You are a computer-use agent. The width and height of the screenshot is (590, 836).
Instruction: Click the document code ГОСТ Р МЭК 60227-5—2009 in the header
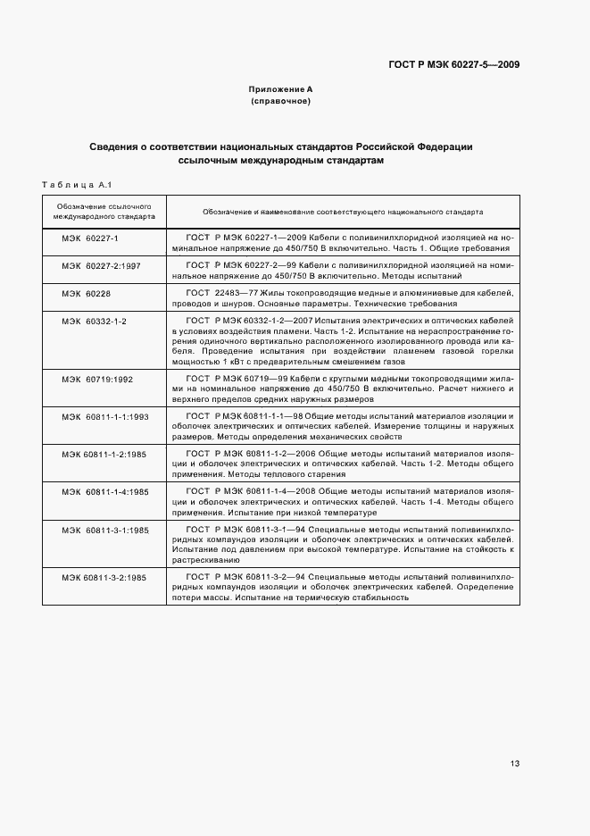pos(454,64)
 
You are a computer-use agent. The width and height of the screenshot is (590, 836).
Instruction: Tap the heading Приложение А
pos(280,90)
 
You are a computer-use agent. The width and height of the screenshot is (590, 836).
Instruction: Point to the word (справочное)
pos(280,102)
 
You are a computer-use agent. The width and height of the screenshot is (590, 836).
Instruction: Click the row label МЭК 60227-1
pos(90,239)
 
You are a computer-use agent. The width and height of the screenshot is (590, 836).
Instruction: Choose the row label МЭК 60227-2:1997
pos(101,266)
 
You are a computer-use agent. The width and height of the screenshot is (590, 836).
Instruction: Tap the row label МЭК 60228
pos(86,293)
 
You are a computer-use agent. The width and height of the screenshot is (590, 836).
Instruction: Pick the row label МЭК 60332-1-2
pos(94,320)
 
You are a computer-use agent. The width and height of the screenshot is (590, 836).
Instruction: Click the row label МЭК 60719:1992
pos(96,380)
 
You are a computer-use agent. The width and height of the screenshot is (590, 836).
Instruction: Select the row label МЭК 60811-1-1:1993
pos(104,417)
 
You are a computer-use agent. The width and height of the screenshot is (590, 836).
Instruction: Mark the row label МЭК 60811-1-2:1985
pos(104,455)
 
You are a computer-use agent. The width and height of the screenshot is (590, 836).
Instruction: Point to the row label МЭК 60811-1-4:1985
pos(104,492)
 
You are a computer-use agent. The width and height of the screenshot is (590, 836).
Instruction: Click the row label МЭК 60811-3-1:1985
pos(104,530)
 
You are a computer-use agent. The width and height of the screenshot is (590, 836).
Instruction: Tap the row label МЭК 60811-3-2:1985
pos(104,578)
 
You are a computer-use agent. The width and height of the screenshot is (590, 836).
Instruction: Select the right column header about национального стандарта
pos(343,213)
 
